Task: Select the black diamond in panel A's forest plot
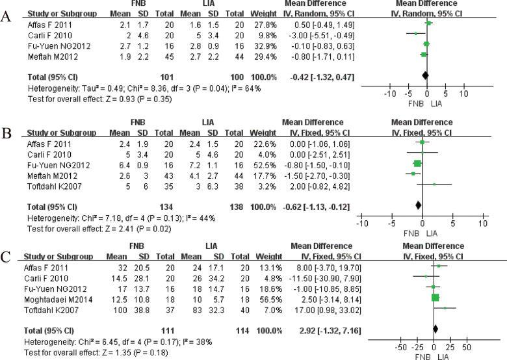click(426, 75)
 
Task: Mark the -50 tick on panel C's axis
click(402, 346)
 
